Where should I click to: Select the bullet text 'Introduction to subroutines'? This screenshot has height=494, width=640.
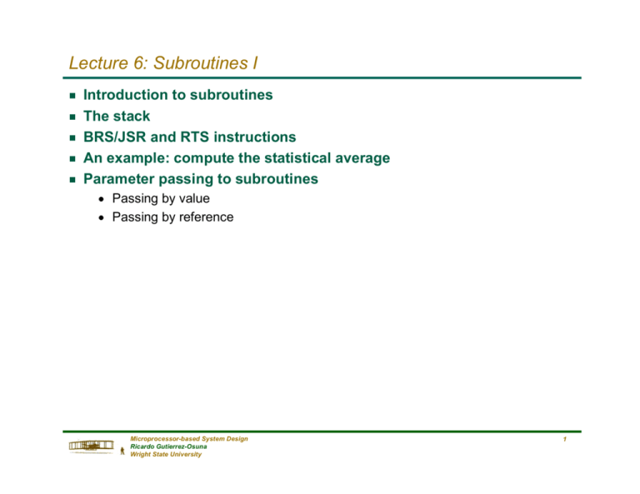[177, 95]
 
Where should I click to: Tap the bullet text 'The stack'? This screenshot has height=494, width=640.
[117, 116]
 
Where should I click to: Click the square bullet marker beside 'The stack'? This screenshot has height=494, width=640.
[72, 117]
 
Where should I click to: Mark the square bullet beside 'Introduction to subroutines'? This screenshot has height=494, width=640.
[72, 96]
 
